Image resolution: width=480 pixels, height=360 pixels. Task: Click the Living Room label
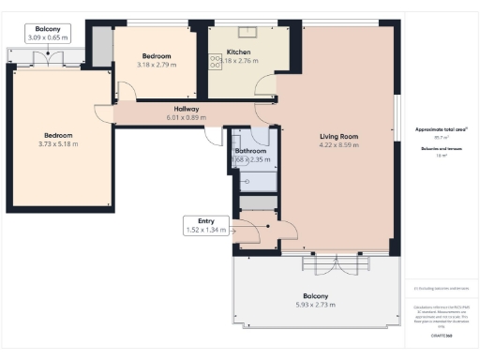tap(338, 137)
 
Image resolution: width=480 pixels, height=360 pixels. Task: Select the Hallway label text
tap(138, 109)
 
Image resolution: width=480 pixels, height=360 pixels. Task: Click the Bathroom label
tap(251, 151)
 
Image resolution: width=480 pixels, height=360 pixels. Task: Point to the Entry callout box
tap(206, 225)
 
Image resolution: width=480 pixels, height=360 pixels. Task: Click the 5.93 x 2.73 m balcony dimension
tap(314, 304)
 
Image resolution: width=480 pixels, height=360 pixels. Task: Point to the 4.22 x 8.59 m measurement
tap(338, 145)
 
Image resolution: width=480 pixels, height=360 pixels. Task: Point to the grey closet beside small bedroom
tap(99, 46)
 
